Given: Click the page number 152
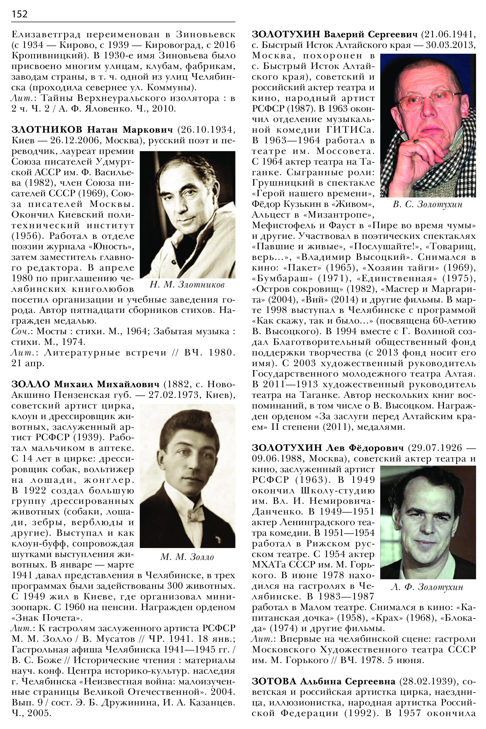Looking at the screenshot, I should click(19, 14).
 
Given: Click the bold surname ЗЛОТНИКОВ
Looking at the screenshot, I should click(47, 130).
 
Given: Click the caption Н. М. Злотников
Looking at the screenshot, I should click(187, 284).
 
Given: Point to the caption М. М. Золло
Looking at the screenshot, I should click(187, 557).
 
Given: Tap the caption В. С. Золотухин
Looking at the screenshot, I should click(427, 204).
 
